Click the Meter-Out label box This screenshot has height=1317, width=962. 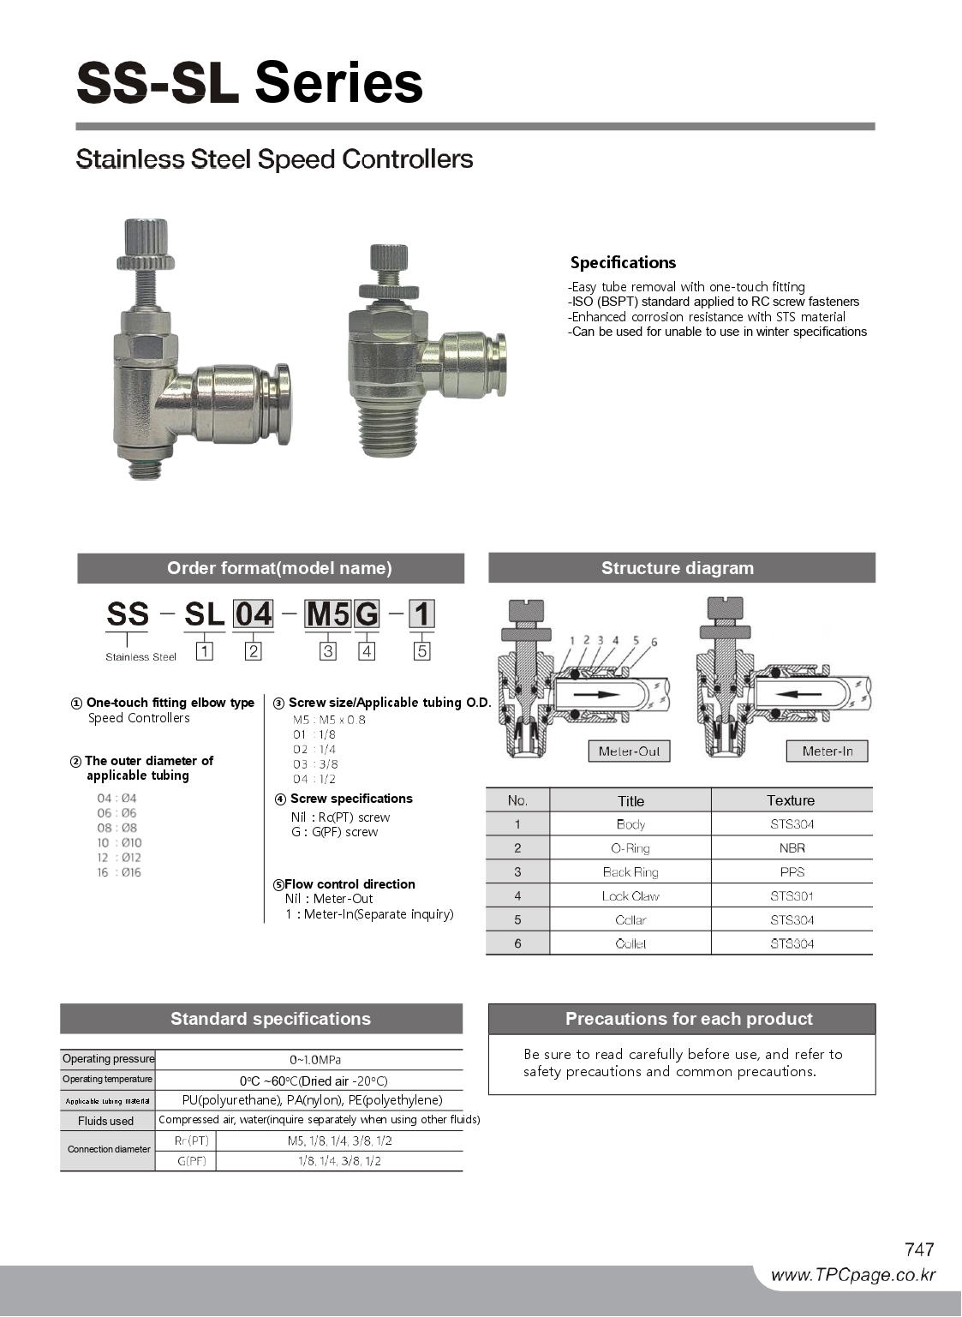(629, 751)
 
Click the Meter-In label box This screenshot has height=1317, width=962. (827, 751)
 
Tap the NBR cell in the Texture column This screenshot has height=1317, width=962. (792, 848)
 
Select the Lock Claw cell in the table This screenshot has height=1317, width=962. (630, 896)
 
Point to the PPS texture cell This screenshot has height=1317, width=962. (792, 872)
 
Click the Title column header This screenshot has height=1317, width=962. (630, 801)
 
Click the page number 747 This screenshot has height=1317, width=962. (918, 1249)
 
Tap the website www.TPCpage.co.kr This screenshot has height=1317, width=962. (852, 1275)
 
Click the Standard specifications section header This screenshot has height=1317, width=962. (270, 1019)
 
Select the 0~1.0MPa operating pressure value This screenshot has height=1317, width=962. (314, 1060)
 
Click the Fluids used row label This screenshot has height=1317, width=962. (106, 1121)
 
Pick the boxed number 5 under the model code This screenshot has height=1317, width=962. (421, 651)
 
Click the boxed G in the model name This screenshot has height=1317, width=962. (367, 614)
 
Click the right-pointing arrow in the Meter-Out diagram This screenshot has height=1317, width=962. (596, 694)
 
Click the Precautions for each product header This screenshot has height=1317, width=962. (689, 1019)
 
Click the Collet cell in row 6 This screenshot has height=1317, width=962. (630, 944)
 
